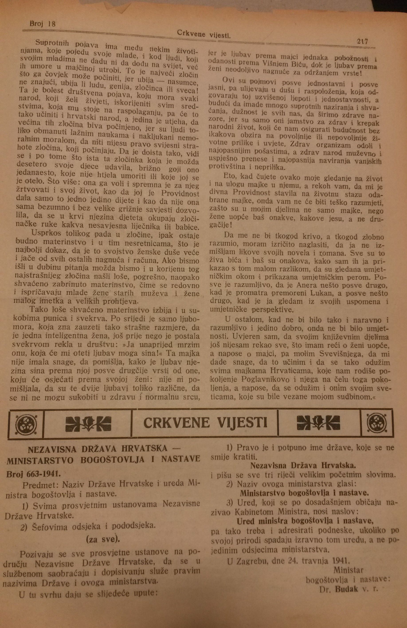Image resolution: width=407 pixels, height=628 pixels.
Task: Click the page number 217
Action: click(x=362, y=41)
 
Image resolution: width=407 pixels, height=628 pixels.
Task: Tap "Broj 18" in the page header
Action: click(x=43, y=24)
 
